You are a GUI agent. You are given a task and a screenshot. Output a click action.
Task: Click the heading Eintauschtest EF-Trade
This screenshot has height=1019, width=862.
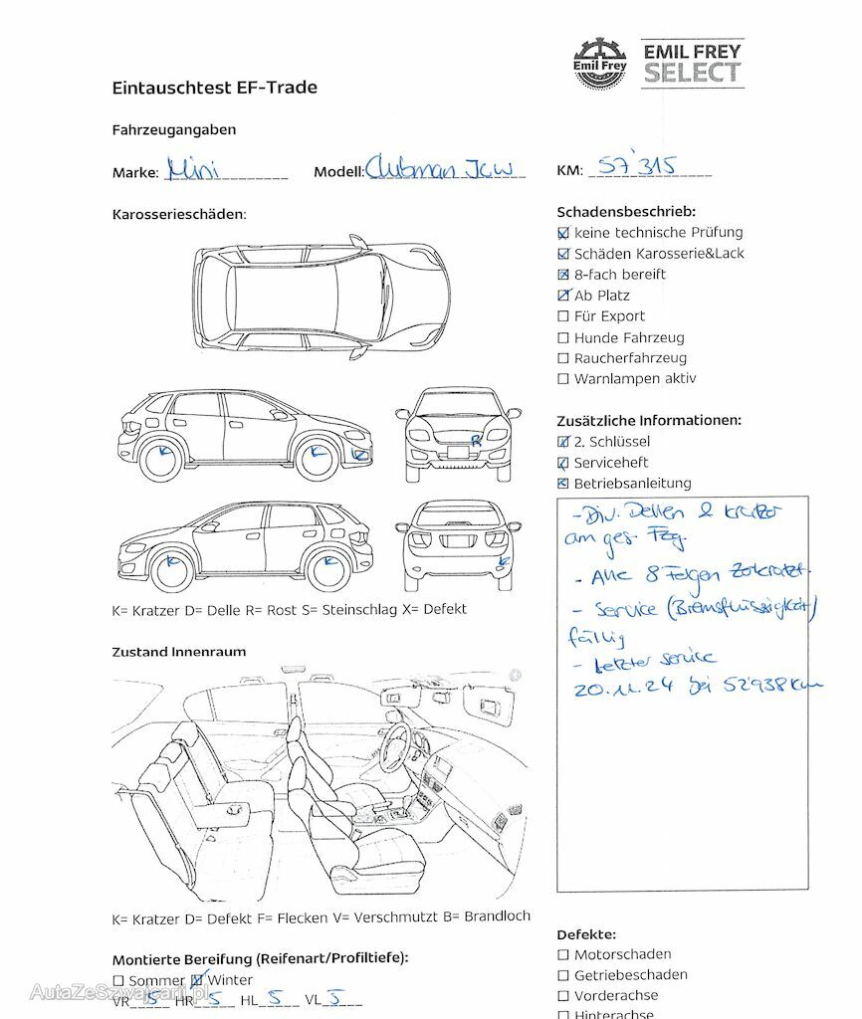(214, 88)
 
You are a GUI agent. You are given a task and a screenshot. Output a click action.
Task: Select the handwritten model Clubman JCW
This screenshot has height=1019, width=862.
(444, 168)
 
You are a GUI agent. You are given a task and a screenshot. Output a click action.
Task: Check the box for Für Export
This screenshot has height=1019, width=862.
(563, 316)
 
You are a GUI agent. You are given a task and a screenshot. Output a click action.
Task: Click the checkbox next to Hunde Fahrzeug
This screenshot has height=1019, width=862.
(563, 337)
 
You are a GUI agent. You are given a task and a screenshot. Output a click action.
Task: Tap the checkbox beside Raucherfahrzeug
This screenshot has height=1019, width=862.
(563, 358)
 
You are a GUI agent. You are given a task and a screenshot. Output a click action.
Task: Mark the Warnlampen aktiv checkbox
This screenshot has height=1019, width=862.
(563, 379)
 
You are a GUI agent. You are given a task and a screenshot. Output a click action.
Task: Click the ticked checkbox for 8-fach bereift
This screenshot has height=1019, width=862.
(563, 275)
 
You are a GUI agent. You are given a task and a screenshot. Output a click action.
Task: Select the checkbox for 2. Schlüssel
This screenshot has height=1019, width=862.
(563, 442)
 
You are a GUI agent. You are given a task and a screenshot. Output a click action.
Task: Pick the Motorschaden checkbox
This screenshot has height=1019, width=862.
(563, 955)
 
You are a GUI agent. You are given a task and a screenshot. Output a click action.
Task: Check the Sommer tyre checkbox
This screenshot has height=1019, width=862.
(118, 981)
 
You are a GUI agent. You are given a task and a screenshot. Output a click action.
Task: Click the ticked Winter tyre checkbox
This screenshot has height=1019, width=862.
(196, 981)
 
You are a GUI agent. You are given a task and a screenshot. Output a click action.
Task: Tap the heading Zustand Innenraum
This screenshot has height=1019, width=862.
(178, 652)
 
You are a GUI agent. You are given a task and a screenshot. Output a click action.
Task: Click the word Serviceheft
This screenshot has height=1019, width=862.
(610, 463)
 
